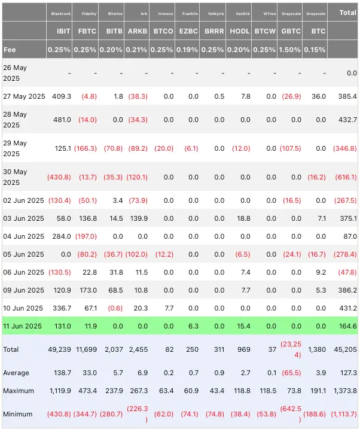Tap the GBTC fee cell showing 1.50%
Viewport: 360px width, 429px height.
[291, 50]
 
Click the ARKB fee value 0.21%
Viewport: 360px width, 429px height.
[138, 50]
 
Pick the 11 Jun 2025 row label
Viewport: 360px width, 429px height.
[24, 326]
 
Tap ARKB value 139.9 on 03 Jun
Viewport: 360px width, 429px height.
[137, 218]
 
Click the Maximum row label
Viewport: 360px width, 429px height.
[19, 391]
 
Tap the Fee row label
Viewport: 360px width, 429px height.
[10, 50]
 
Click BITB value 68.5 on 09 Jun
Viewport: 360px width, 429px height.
[114, 290]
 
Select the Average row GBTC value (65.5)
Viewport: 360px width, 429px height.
[291, 373]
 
